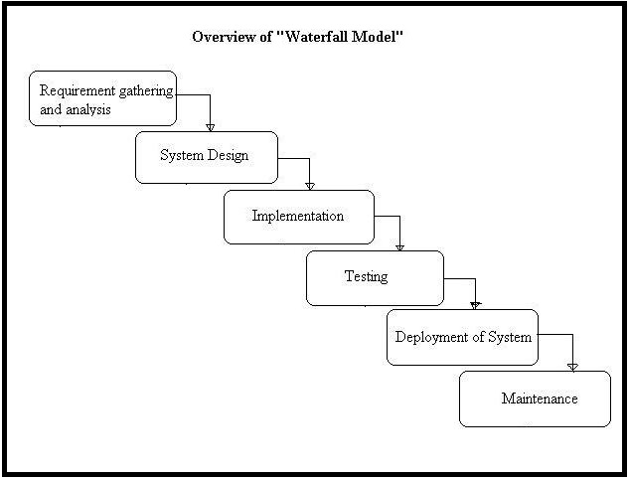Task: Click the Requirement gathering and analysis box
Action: click(x=102, y=98)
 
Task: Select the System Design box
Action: click(x=206, y=157)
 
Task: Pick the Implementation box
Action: click(x=298, y=217)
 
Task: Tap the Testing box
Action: click(x=374, y=277)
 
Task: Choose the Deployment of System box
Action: click(x=462, y=337)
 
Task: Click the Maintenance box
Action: click(x=535, y=399)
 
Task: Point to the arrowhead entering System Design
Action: click(x=211, y=126)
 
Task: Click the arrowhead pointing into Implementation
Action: click(x=309, y=185)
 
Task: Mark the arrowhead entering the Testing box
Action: click(x=399, y=245)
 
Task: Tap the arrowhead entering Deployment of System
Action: click(x=475, y=304)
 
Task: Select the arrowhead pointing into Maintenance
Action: click(x=571, y=366)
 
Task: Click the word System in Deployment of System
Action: click(x=509, y=337)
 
